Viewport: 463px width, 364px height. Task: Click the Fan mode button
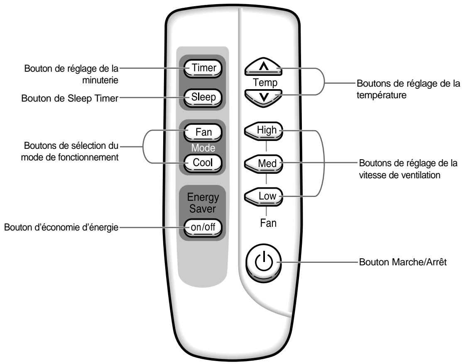(203, 133)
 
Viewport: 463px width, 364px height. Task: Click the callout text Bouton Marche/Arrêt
(402, 262)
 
